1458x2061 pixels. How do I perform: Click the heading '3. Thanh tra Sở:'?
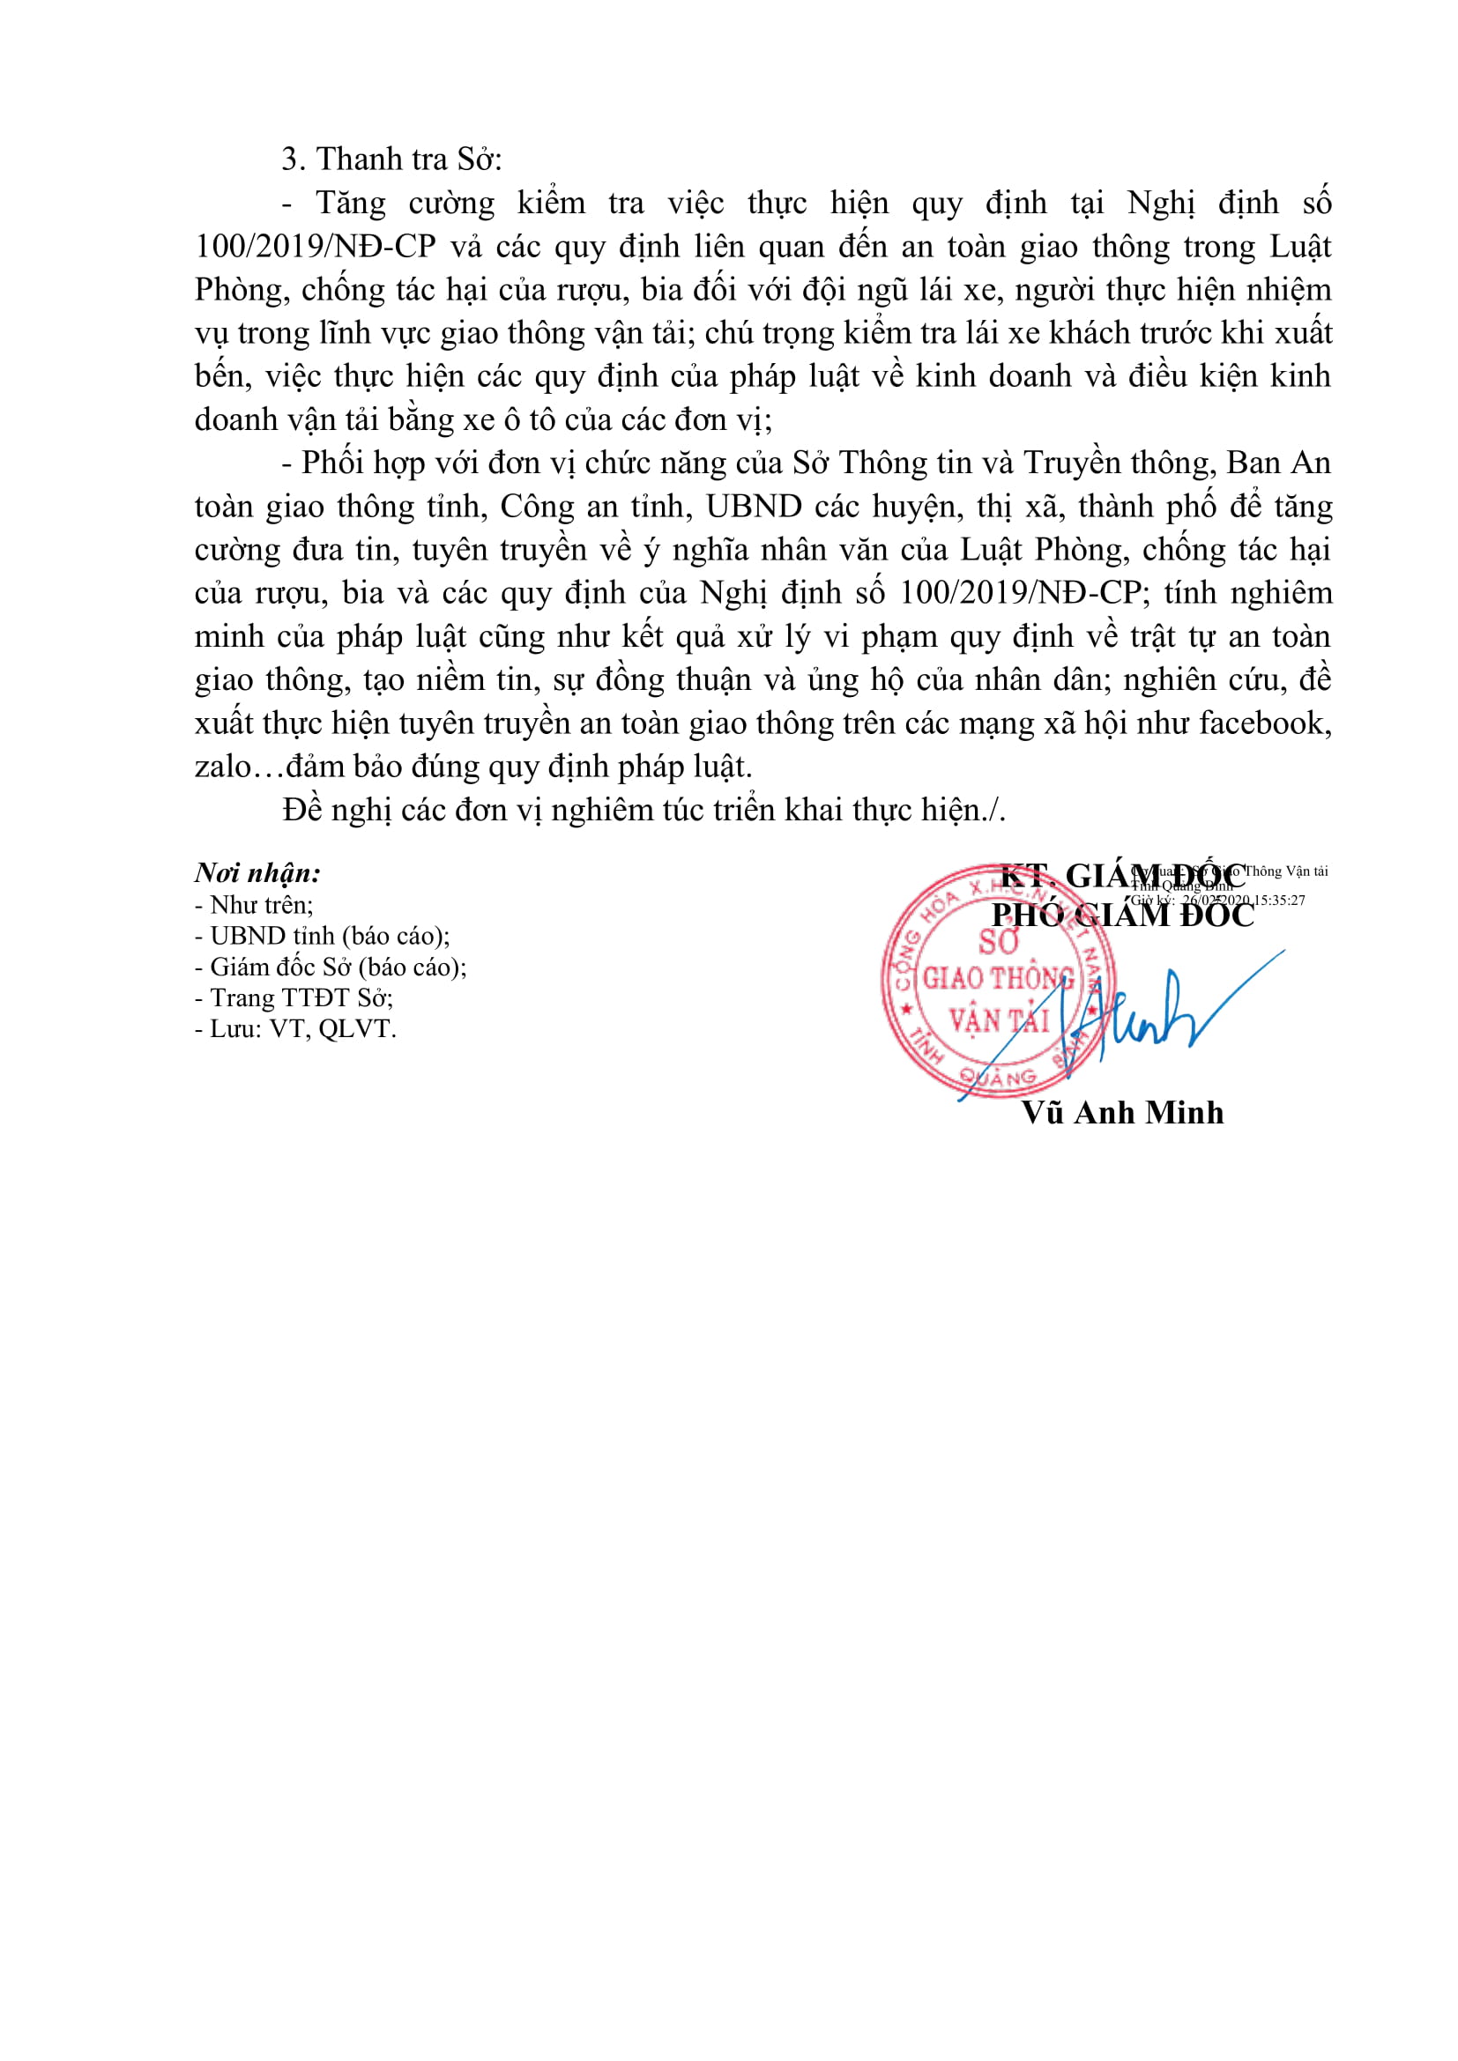(x=391, y=159)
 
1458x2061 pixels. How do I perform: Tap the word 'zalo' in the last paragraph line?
(x=223, y=767)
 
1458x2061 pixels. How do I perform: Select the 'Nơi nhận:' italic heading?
(x=257, y=872)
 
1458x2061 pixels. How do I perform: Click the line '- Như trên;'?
(x=254, y=905)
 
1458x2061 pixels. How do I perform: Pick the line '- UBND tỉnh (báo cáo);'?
(x=323, y=937)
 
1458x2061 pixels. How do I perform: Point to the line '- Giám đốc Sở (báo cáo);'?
(x=331, y=967)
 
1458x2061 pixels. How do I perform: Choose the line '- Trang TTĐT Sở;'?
(x=294, y=998)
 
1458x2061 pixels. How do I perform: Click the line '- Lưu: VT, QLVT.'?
(x=295, y=1029)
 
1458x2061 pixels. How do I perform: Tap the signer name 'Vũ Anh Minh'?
(x=1122, y=1113)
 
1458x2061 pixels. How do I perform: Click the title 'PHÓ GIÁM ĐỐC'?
(x=1122, y=916)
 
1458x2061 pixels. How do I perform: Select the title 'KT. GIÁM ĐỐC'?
(x=1122, y=875)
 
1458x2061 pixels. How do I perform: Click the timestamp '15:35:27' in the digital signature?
(x=1279, y=901)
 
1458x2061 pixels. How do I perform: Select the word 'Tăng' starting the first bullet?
(x=350, y=204)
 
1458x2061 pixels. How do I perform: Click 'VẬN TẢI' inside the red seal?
(x=999, y=1020)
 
